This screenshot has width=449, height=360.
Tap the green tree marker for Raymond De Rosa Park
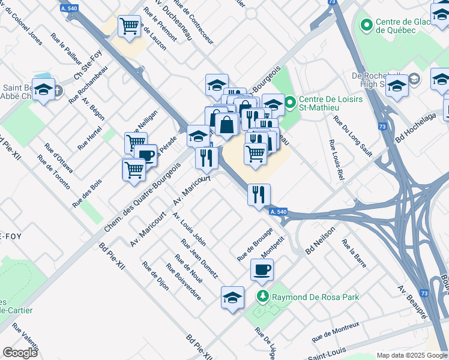point(262,296)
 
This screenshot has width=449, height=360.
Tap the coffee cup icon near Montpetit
point(262,270)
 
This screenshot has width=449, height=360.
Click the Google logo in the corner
point(20,353)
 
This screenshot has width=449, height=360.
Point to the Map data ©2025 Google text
point(411,355)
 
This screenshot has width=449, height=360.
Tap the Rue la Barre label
point(354,253)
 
